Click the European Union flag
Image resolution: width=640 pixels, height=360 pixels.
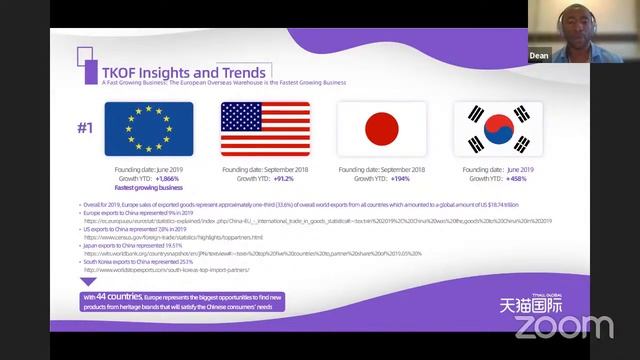[x=149, y=129]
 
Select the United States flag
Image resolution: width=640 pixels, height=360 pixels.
[x=265, y=129]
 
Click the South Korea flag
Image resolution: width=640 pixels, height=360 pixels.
[x=497, y=129]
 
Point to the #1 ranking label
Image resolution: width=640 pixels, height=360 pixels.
[x=87, y=127]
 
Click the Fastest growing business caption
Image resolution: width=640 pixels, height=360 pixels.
[x=149, y=186]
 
